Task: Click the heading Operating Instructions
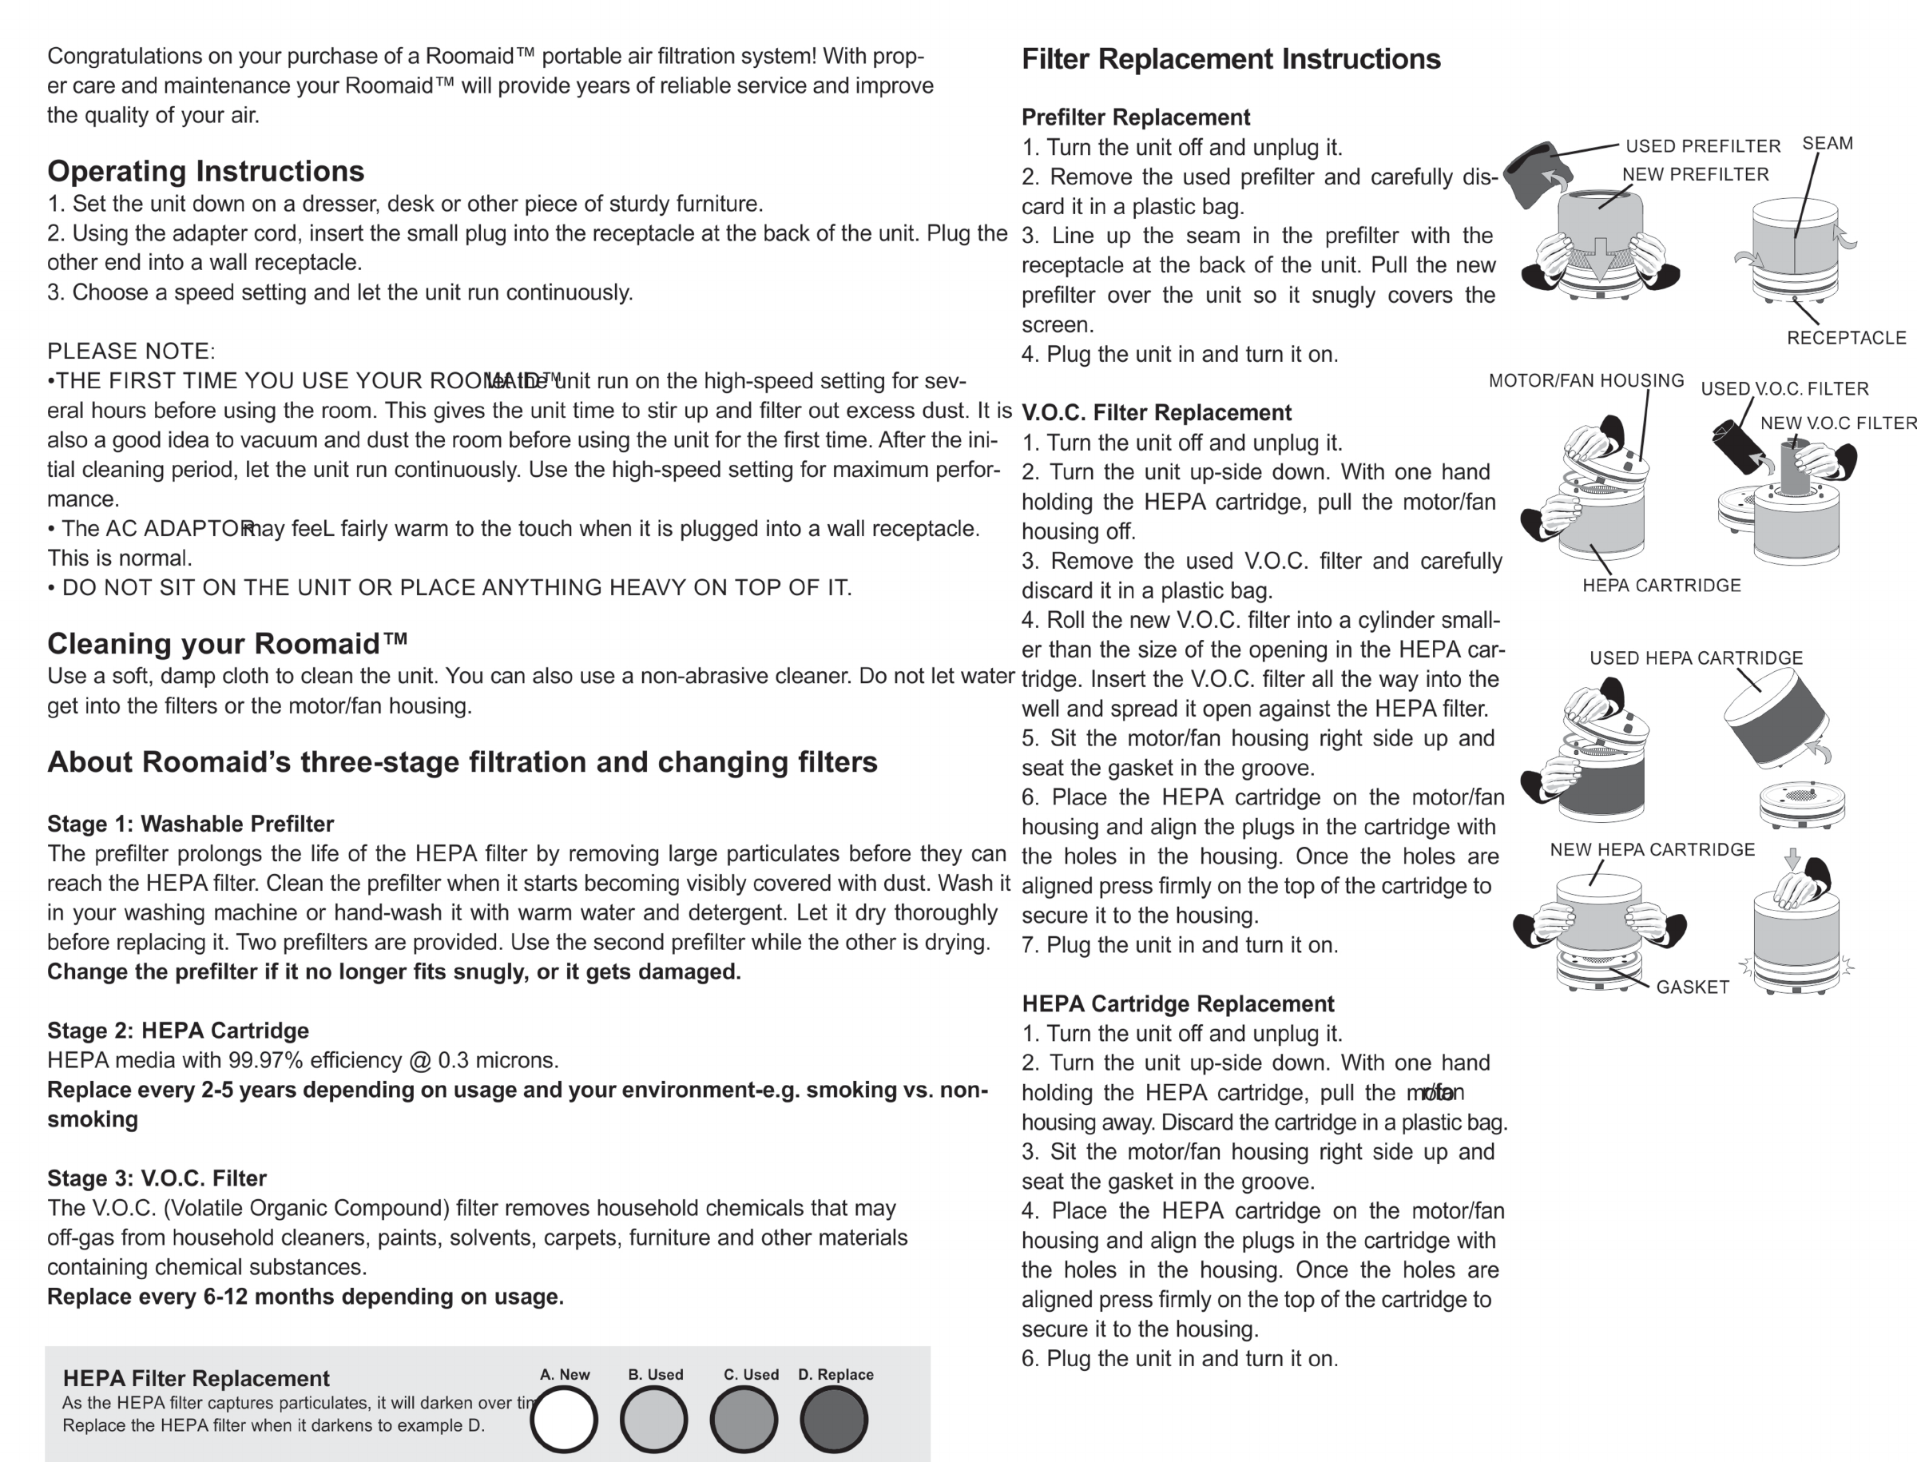(205, 172)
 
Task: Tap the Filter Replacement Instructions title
(1230, 59)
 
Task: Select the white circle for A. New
(564, 1420)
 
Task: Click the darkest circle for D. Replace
(834, 1420)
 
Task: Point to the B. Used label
(655, 1375)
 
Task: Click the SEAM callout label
(1827, 144)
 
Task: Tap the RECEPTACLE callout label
(1846, 338)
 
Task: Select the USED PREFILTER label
(1702, 146)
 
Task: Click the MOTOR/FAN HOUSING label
(1586, 381)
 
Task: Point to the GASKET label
(1692, 987)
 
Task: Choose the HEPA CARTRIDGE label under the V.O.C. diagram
(1661, 586)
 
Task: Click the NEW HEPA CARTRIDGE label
(1652, 850)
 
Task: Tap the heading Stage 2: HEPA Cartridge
(177, 1031)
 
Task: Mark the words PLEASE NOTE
(130, 352)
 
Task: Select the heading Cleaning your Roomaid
(227, 644)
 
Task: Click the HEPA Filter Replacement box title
(196, 1378)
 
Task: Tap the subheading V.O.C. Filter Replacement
(1156, 412)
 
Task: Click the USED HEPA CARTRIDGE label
(1695, 659)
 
